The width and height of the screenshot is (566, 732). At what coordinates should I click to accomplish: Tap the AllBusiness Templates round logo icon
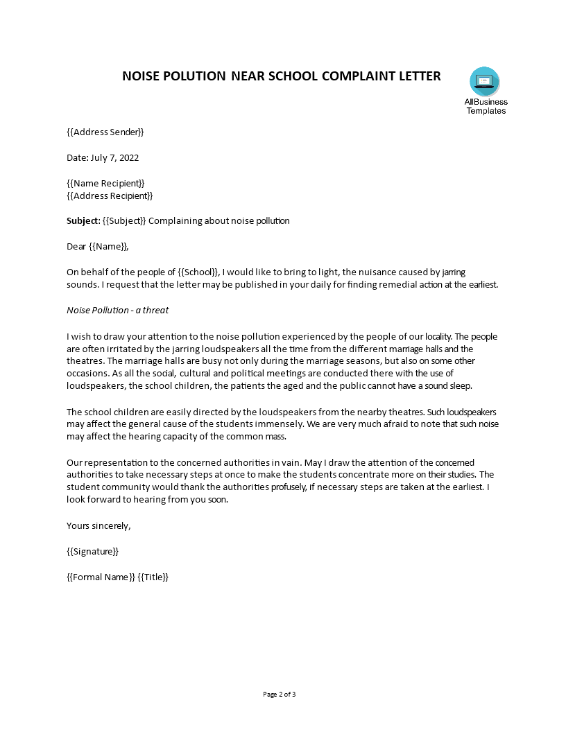[484, 82]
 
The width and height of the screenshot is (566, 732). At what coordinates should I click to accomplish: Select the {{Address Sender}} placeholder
[105, 132]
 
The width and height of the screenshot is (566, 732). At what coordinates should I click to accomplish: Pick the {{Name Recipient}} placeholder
[105, 183]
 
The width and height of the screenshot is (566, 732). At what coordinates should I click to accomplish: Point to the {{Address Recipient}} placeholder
[110, 195]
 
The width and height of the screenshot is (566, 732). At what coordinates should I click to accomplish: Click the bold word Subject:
[83, 221]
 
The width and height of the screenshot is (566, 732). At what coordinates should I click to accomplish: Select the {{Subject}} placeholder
[124, 221]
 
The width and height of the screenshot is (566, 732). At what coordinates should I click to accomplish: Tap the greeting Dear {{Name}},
[98, 246]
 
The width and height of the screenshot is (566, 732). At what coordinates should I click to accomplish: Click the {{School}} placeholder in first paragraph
[198, 272]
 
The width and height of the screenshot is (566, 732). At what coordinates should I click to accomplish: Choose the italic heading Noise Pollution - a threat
[117, 310]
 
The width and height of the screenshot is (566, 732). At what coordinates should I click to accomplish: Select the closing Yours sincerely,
[98, 525]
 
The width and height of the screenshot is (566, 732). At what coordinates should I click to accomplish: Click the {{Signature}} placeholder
[92, 551]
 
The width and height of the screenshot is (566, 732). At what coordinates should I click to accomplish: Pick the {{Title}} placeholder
[153, 577]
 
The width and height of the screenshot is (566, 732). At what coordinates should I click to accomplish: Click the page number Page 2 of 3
[283, 694]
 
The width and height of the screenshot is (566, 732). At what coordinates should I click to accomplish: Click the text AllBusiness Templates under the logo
[486, 106]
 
